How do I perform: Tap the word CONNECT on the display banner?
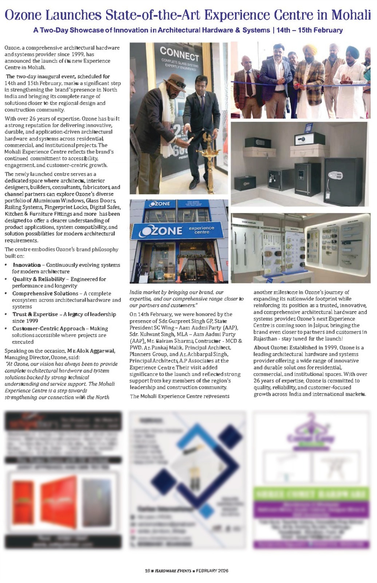pos(179,54)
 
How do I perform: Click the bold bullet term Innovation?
pos(27,265)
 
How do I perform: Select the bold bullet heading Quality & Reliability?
pos(39,279)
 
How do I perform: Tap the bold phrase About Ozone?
pos(271,348)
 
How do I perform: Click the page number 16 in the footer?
pos(147,571)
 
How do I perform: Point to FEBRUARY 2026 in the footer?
pos(212,571)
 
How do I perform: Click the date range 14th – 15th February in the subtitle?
pos(309,30)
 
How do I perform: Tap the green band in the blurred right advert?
pos(311,494)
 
